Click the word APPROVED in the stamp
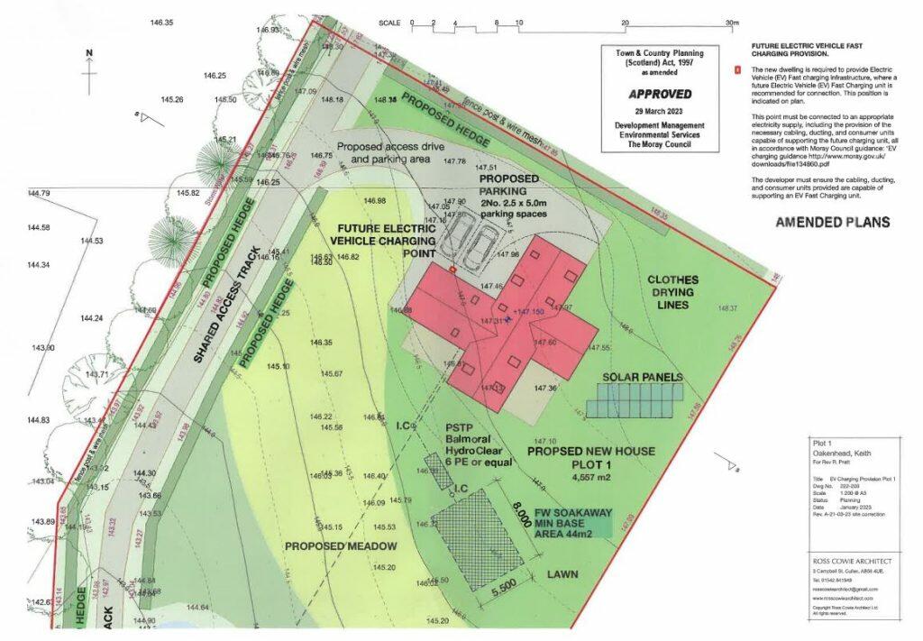coord(660,93)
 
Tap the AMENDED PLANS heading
coord(832,222)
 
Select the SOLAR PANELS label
coord(643,376)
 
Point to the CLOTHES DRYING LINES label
coord(685,293)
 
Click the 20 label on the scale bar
coord(625,23)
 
